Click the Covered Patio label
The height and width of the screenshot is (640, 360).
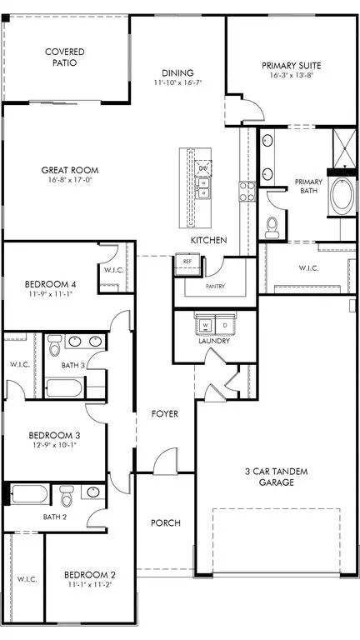pyautogui.click(x=64, y=57)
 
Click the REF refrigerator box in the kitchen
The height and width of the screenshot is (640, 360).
pyautogui.click(x=187, y=262)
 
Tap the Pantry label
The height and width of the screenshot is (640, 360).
pyautogui.click(x=215, y=285)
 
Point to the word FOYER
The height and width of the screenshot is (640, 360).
pyautogui.click(x=164, y=414)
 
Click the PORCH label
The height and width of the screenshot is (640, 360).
pyautogui.click(x=165, y=523)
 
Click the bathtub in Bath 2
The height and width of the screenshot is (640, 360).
pyautogui.click(x=30, y=495)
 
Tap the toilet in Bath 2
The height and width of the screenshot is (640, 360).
pyautogui.click(x=67, y=497)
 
